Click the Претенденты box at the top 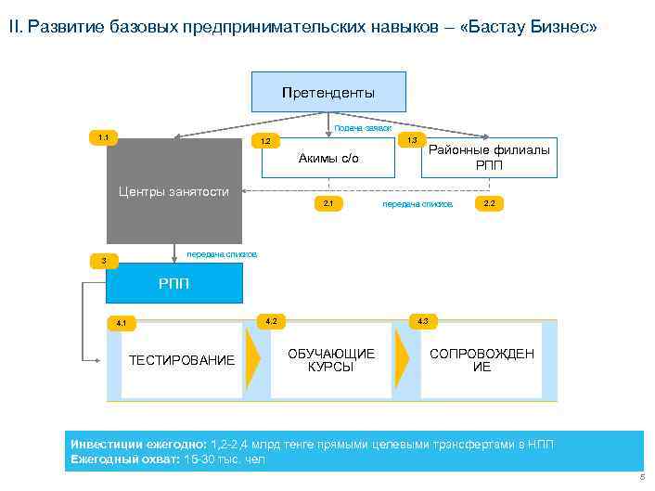pyautogui.click(x=328, y=93)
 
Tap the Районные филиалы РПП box pyautogui.click(x=489, y=158)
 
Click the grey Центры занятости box pyautogui.click(x=173, y=191)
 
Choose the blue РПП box pyautogui.click(x=173, y=284)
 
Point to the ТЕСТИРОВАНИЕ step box pyautogui.click(x=182, y=360)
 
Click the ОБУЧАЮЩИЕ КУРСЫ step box pyautogui.click(x=331, y=360)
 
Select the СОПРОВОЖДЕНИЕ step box pyautogui.click(x=482, y=360)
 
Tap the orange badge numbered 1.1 pyautogui.click(x=103, y=138)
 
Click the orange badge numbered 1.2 pyautogui.click(x=264, y=142)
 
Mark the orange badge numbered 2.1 pyautogui.click(x=328, y=202)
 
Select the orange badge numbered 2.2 pyautogui.click(x=489, y=202)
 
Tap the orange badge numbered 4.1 pyautogui.click(x=121, y=323)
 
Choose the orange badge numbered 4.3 pyautogui.click(x=423, y=321)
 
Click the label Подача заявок pyautogui.click(x=362, y=128)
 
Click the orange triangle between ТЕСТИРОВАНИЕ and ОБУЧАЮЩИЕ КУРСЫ pyautogui.click(x=251, y=360)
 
